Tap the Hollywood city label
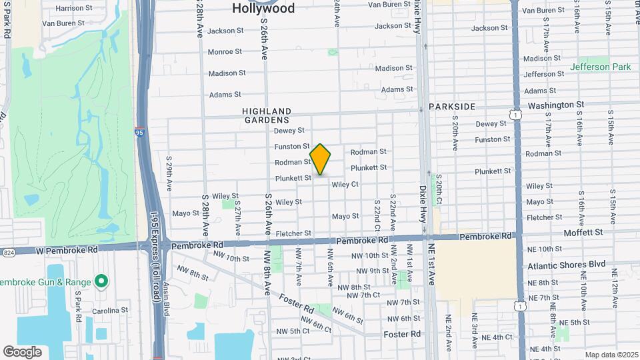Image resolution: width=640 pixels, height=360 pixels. (x=263, y=9)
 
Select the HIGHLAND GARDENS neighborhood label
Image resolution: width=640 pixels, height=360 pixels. (x=267, y=115)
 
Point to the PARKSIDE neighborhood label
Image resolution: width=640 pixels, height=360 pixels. (x=452, y=107)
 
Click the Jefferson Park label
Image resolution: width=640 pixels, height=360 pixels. (x=600, y=67)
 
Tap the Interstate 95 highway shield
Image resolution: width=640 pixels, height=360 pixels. (x=139, y=133)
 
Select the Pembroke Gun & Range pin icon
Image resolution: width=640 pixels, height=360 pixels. (x=101, y=281)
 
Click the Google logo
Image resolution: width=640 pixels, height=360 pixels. (x=22, y=351)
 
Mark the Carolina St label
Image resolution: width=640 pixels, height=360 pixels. (x=110, y=311)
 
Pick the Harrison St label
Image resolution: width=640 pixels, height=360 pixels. (x=74, y=9)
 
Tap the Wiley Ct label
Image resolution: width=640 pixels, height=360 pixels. (x=345, y=185)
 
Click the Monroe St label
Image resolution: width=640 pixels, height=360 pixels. (x=225, y=52)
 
